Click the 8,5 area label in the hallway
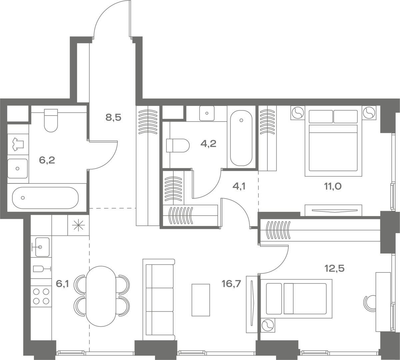(113, 118)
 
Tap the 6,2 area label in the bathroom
(47, 160)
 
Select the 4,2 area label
(208, 144)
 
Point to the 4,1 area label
(239, 186)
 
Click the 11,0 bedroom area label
(333, 186)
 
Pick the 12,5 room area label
(335, 269)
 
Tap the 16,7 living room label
(231, 284)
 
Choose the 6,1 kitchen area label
(62, 284)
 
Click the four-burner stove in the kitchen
(41, 296)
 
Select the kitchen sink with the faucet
(41, 247)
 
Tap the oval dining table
(101, 296)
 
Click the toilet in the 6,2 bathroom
(51, 120)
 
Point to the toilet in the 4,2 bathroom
(178, 146)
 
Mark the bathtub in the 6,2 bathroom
(45, 198)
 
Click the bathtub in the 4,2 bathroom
(241, 138)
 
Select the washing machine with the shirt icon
(18, 144)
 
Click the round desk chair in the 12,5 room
(369, 303)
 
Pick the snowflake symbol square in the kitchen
(78, 225)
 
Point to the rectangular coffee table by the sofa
(201, 300)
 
